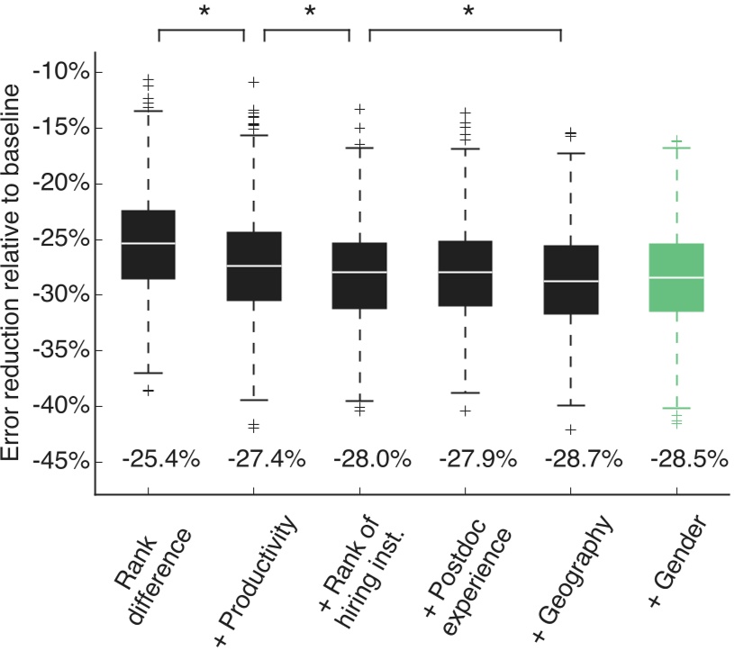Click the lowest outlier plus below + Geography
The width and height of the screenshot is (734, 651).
coord(571,429)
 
